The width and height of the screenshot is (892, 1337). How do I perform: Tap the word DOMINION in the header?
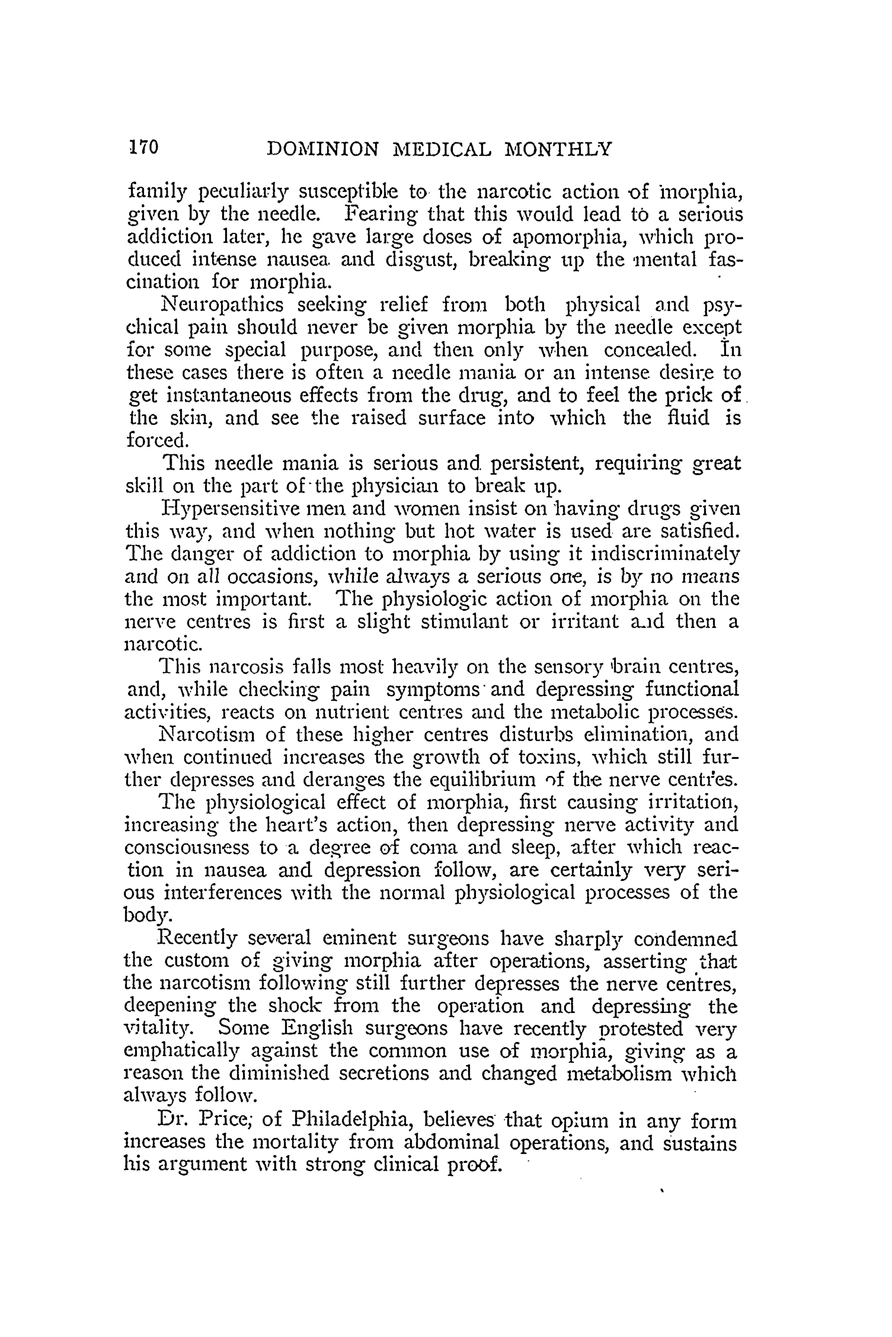click(x=323, y=149)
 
